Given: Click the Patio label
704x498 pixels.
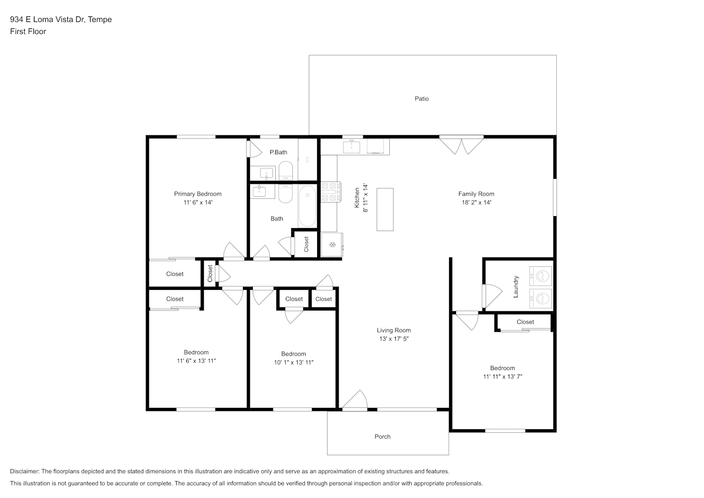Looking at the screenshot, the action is click(x=422, y=99).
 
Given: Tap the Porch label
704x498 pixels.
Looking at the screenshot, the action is click(x=382, y=437).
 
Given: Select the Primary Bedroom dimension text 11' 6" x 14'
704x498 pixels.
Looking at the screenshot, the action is click(x=198, y=203).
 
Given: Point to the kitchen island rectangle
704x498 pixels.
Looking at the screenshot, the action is click(x=385, y=209).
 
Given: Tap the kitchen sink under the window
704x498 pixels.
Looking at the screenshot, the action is click(x=352, y=147).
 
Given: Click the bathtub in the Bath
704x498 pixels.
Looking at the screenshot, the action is click(x=307, y=206).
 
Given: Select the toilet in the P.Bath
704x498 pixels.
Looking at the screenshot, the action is click(x=286, y=171).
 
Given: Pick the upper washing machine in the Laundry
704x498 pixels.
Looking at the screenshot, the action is click(x=541, y=276).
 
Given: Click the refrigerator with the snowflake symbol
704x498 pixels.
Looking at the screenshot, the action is click(x=332, y=245).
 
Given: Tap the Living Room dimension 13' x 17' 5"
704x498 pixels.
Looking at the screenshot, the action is click(x=394, y=339).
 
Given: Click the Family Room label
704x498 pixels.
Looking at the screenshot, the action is click(x=476, y=194).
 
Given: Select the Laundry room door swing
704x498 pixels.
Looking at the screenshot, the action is click(x=492, y=295).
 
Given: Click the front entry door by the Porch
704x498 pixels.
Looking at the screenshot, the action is click(x=354, y=401).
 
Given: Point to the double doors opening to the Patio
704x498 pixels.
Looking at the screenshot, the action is click(x=461, y=145).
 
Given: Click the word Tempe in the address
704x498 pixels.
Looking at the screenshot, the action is click(x=100, y=19).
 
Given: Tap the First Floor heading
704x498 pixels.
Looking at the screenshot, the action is click(x=28, y=31).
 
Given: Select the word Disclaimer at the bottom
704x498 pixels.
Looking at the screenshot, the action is click(x=25, y=471).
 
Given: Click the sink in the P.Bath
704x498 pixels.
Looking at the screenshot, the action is click(x=266, y=173).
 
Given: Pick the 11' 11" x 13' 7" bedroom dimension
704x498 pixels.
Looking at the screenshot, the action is click(x=502, y=376).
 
